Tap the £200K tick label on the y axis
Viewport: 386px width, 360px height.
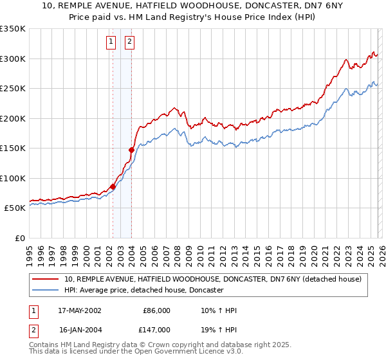pyautogui.click(x=13, y=118)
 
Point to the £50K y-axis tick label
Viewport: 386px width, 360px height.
pyautogui.click(x=15, y=208)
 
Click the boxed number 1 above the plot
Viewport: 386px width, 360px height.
pyautogui.click(x=111, y=42)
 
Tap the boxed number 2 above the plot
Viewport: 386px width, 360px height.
pyautogui.click(x=129, y=42)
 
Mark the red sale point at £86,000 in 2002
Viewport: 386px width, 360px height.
pyautogui.click(x=113, y=186)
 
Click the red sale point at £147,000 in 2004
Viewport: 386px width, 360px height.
pyautogui.click(x=131, y=150)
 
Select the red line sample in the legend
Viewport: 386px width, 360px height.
pyautogui.click(x=46, y=279)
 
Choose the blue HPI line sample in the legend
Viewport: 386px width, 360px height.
pyautogui.click(x=46, y=290)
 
